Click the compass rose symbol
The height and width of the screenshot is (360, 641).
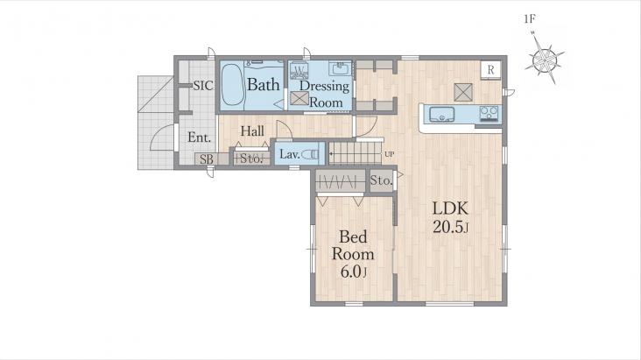click(545, 60)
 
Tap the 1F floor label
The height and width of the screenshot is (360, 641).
click(530, 18)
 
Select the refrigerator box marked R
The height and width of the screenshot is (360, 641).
click(490, 70)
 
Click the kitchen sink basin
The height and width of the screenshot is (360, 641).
click(441, 114)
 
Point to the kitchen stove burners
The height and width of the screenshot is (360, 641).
click(489, 113)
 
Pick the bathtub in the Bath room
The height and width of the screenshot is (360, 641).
click(232, 85)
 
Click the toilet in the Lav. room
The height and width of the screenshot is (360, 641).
click(312, 154)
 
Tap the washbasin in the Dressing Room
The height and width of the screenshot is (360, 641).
click(340, 68)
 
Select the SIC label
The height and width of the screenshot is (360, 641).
click(203, 86)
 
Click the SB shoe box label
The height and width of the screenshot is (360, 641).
click(207, 159)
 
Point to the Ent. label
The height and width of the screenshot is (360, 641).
click(199, 137)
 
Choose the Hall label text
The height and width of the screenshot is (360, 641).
click(252, 131)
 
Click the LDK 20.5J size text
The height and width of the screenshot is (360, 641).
click(450, 227)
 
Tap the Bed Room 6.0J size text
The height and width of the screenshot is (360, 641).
click(354, 272)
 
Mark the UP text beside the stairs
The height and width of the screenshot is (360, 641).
click(389, 154)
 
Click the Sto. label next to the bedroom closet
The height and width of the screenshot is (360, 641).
click(381, 180)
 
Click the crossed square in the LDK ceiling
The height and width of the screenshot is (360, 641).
click(463, 92)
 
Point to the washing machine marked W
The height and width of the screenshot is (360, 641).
click(299, 70)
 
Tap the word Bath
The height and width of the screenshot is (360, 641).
click(264, 85)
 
